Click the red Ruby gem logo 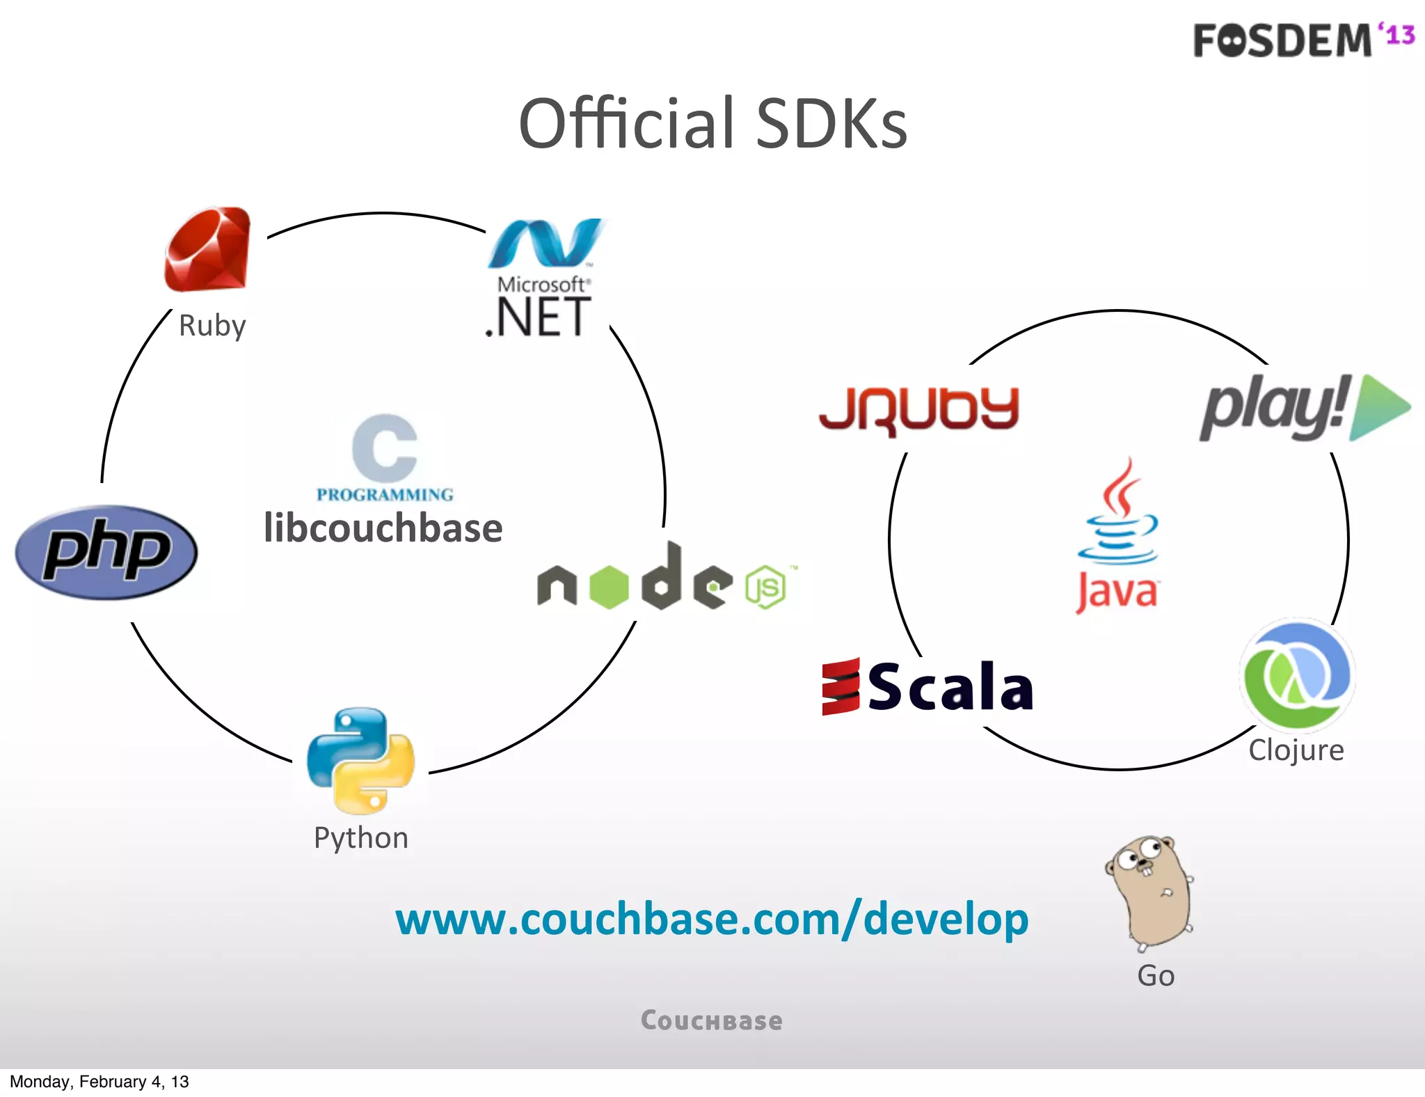pos(207,249)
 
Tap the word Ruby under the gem pos(212,326)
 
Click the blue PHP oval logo pos(106,552)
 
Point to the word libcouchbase pos(383,528)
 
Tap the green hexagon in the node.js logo pos(609,587)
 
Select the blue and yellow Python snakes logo pos(360,760)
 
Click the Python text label pos(360,838)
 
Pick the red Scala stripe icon pos(841,686)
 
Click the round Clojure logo pos(1297,674)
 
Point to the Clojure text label pos(1296,750)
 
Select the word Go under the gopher pos(1156,976)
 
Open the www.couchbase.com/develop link pos(711,919)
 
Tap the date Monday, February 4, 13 pos(99,1082)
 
